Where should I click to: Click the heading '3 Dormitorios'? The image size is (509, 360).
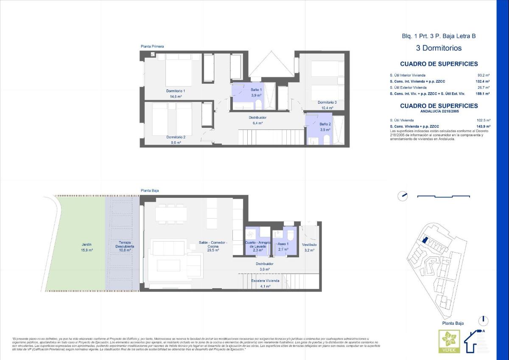click(439, 48)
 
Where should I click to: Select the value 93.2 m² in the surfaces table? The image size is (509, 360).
click(484, 75)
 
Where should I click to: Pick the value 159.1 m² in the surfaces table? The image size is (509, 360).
click(483, 93)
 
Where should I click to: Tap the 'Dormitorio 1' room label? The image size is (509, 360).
click(176, 91)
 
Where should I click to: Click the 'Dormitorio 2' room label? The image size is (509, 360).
click(176, 137)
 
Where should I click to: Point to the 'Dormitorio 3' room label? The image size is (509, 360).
click(327, 102)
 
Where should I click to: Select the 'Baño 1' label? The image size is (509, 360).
click(256, 90)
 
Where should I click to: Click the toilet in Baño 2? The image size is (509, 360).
click(326, 141)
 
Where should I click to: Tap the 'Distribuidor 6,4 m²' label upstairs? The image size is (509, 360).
click(257, 120)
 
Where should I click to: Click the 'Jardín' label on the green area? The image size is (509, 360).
click(87, 245)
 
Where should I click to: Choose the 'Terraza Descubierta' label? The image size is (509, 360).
click(125, 246)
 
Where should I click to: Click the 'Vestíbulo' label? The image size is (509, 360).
click(309, 245)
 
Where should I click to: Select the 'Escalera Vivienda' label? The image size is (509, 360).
click(265, 281)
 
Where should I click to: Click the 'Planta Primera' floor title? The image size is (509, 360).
click(152, 46)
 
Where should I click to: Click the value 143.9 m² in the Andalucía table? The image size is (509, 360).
click(483, 126)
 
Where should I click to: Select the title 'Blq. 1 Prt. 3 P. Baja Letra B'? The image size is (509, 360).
click(439, 36)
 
